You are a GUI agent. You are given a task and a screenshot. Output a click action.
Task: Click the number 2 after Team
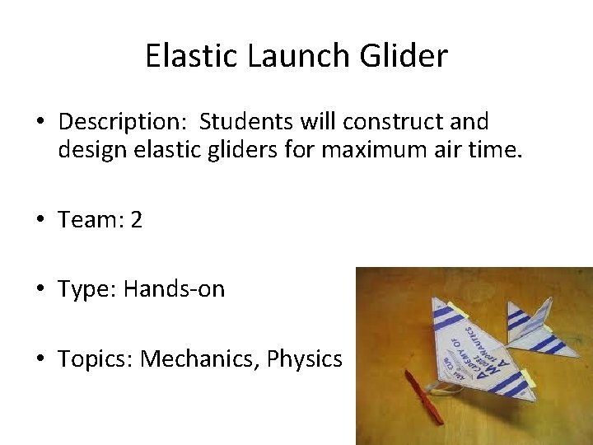pos(136,220)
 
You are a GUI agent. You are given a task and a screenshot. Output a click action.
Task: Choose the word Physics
pos(304,359)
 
